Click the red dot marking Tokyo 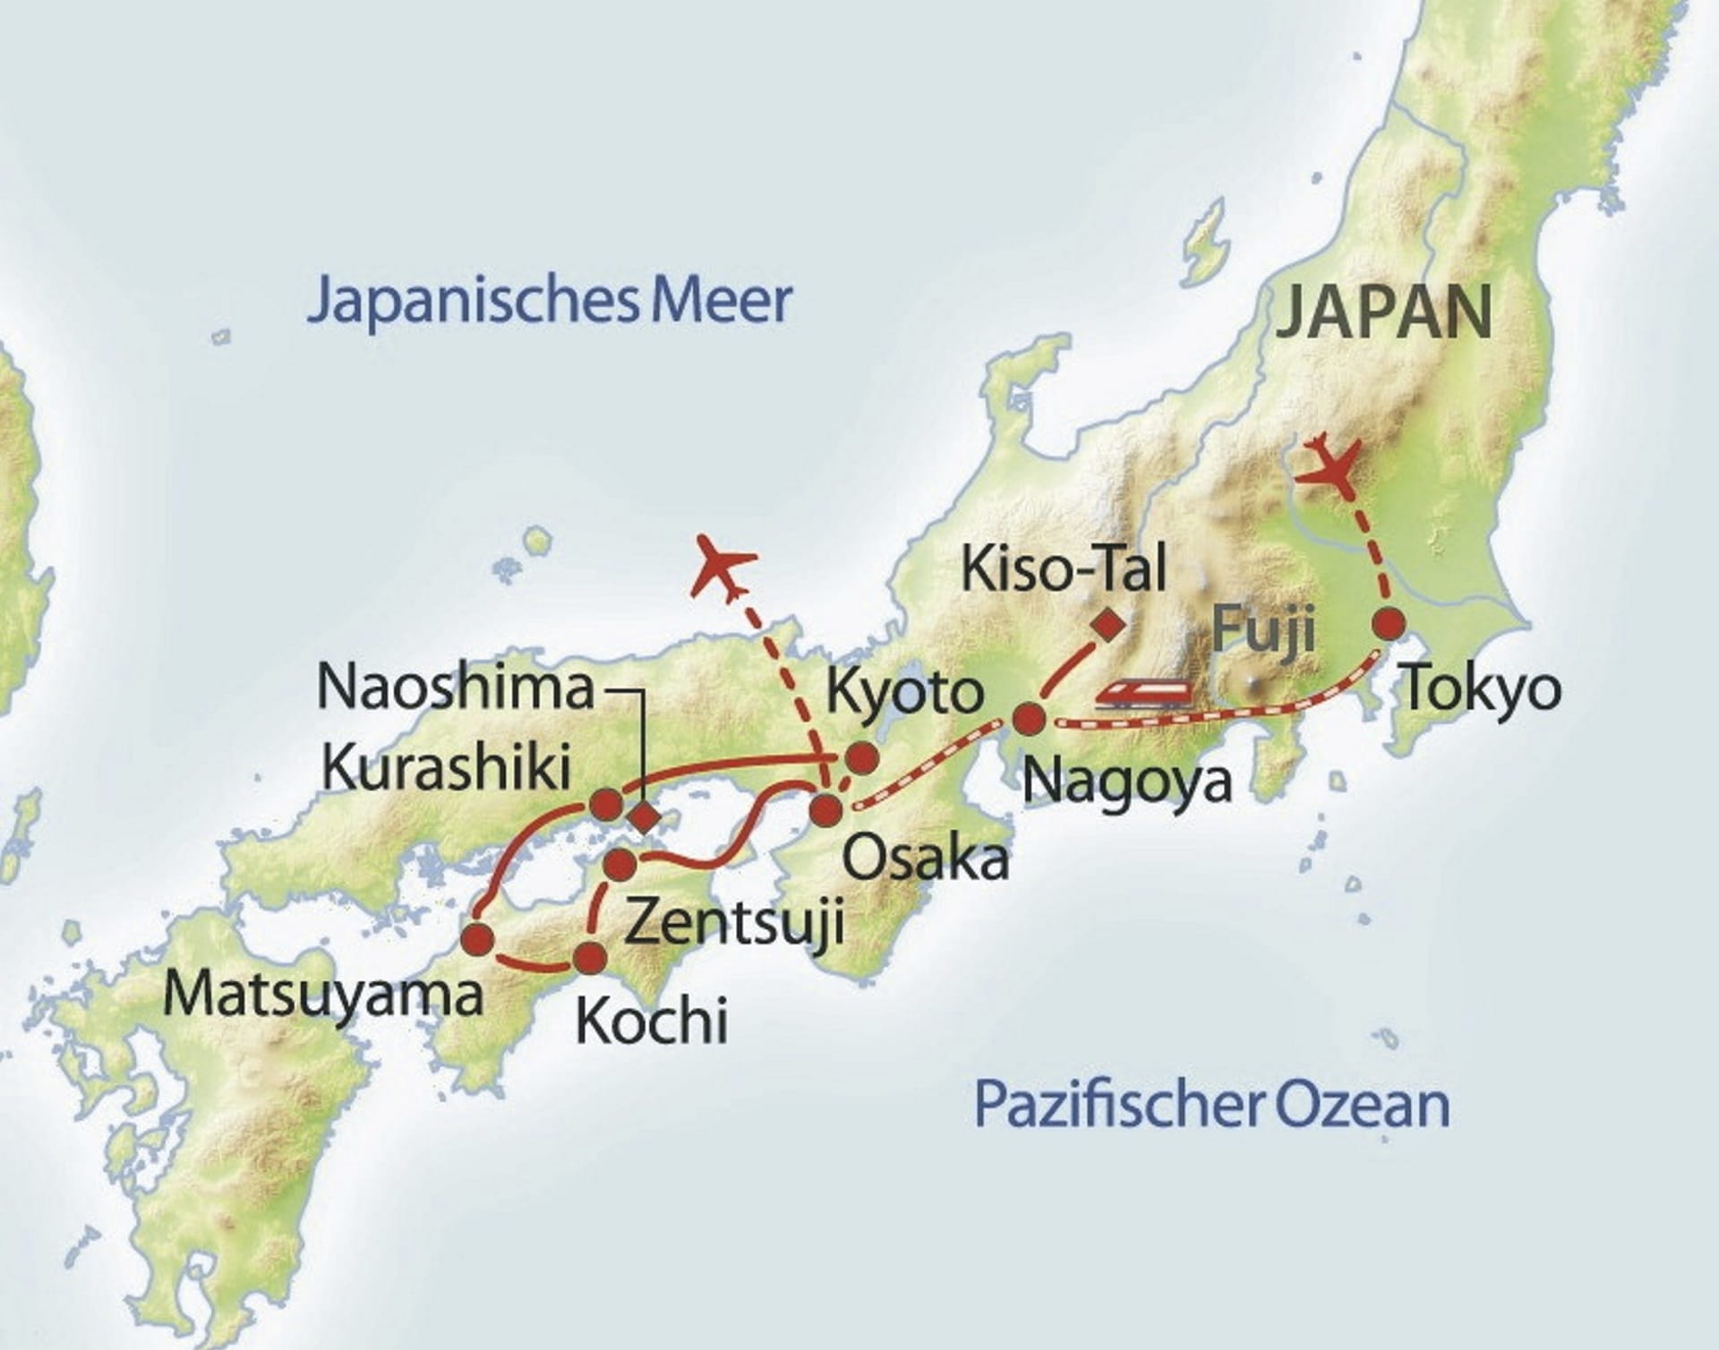point(1389,624)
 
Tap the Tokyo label point(1481,690)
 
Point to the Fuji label point(1263,628)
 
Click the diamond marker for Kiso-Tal point(1111,624)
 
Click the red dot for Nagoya point(1029,718)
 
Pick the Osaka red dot point(825,810)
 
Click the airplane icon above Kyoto point(723,566)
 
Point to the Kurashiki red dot point(606,803)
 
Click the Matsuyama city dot point(476,938)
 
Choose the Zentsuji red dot point(620,865)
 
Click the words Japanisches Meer point(549,302)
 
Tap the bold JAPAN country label point(1383,313)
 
